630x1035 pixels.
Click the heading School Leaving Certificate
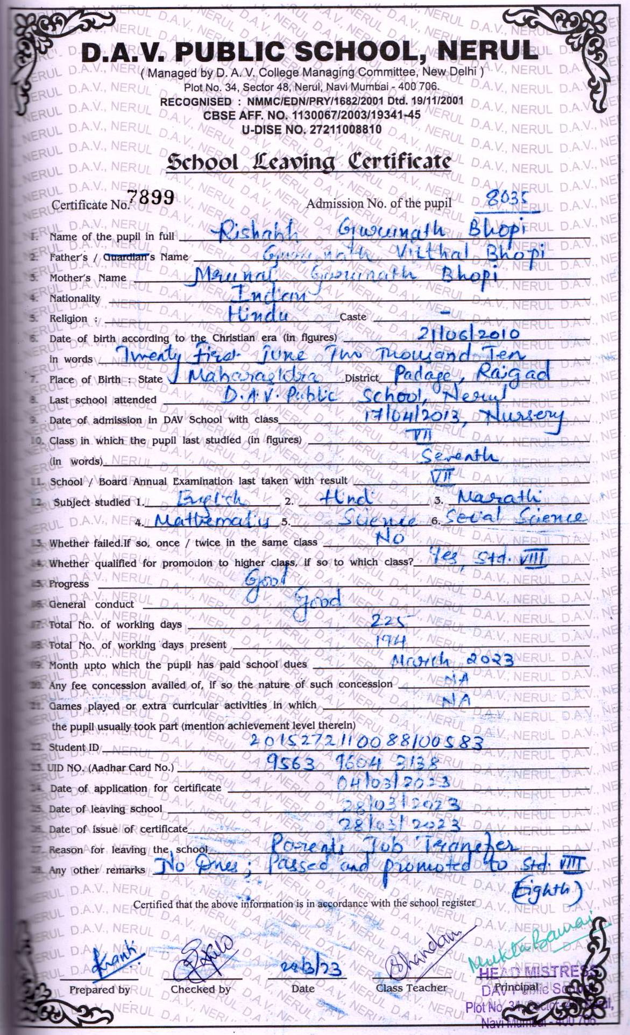308,161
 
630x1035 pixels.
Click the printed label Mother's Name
88,278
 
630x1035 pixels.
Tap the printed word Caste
353,317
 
